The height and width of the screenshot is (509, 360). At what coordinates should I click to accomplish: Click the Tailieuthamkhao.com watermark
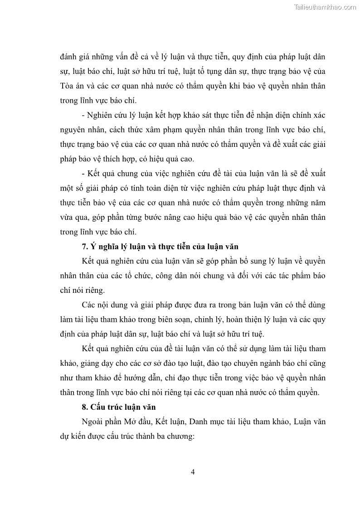325,7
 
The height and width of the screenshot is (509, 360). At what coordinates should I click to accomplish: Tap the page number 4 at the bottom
193,472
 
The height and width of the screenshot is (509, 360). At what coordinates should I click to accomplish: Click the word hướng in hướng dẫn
145,378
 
